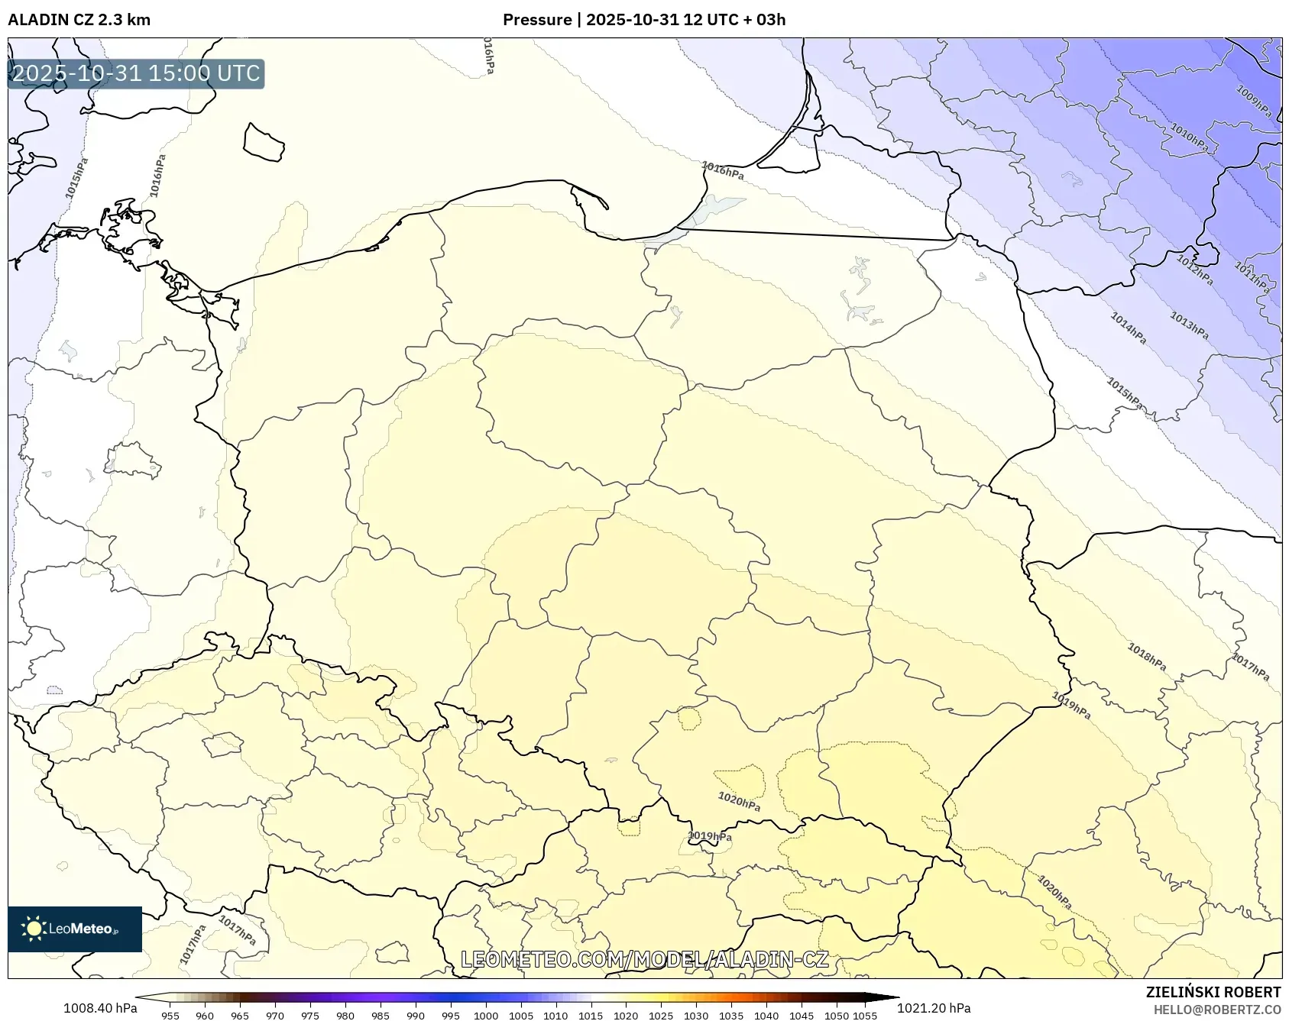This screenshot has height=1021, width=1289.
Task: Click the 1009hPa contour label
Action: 1254,102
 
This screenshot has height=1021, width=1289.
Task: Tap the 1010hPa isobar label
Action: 1189,138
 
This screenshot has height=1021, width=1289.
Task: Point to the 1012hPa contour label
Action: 1194,270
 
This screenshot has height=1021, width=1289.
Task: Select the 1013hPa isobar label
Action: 1189,326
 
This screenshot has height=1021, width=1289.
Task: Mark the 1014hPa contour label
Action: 1128,328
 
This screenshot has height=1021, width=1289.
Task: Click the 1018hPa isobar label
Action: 1147,657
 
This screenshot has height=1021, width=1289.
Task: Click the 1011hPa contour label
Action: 1252,278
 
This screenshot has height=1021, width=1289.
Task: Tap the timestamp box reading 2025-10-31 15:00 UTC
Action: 136,74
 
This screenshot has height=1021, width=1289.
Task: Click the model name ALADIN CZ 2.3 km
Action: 79,20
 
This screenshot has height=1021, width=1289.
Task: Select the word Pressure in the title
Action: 536,20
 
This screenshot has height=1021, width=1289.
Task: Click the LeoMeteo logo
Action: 75,929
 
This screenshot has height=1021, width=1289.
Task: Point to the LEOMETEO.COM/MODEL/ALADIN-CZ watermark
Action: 644,959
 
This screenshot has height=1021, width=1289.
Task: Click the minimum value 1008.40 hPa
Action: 100,1008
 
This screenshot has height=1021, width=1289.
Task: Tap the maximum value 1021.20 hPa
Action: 933,1008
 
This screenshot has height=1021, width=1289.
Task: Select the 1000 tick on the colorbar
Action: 486,1016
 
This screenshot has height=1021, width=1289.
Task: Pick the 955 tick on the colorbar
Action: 170,1016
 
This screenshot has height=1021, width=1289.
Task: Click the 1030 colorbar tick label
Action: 695,1016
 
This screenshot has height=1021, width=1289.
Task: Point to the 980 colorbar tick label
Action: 345,1016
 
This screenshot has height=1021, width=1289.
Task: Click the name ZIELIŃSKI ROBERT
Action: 1213,993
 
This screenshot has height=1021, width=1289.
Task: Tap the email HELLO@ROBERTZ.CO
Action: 1216,1010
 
